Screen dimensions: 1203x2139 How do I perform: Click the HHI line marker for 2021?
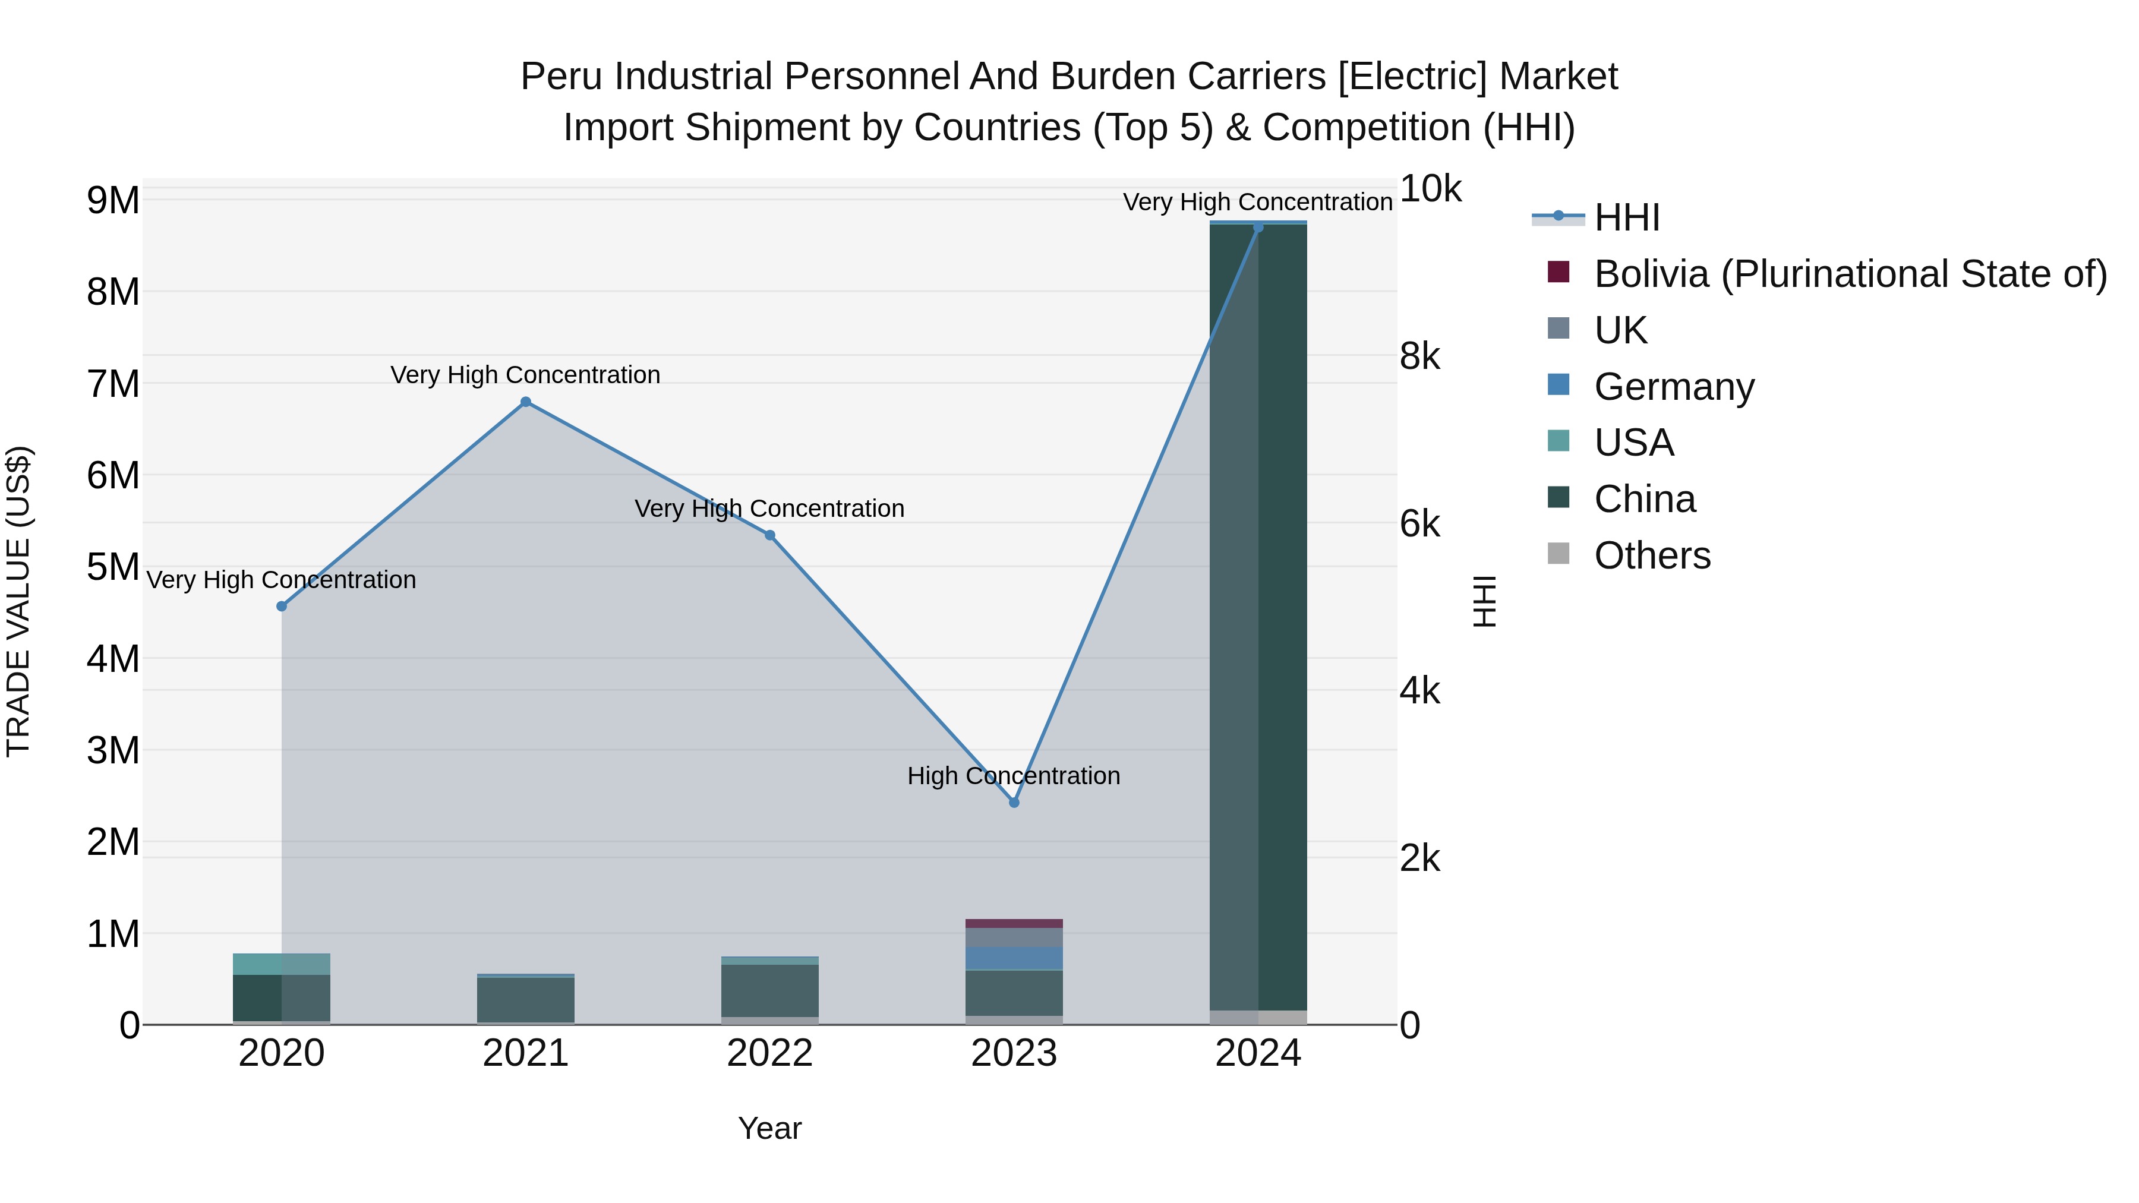[x=526, y=402]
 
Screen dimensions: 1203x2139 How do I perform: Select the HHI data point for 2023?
[x=1014, y=803]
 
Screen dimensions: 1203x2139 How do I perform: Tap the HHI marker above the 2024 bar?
[x=1258, y=228]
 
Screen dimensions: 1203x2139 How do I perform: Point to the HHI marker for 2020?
[x=282, y=606]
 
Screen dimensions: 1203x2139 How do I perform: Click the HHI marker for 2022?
[x=769, y=535]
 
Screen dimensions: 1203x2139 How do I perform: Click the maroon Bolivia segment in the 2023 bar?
[x=1014, y=923]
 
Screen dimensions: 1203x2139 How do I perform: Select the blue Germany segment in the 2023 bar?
[x=1014, y=958]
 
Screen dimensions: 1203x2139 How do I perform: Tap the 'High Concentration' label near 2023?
[x=1013, y=775]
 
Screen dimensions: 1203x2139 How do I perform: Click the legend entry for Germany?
[x=1673, y=387]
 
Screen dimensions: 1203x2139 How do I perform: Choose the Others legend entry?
[x=1652, y=555]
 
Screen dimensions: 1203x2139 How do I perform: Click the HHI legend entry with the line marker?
[x=1626, y=217]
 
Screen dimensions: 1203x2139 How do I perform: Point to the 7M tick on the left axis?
[x=113, y=384]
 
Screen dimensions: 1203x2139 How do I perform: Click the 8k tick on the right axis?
[x=1420, y=356]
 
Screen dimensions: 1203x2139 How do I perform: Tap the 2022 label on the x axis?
[x=769, y=1053]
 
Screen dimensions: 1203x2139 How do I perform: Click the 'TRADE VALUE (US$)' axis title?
[x=18, y=601]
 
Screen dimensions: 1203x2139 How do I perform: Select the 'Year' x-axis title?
[x=769, y=1128]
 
